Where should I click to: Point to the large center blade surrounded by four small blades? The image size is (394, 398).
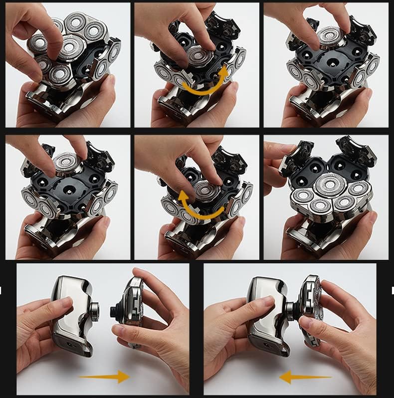329,185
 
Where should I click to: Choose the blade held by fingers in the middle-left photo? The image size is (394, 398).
67,162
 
